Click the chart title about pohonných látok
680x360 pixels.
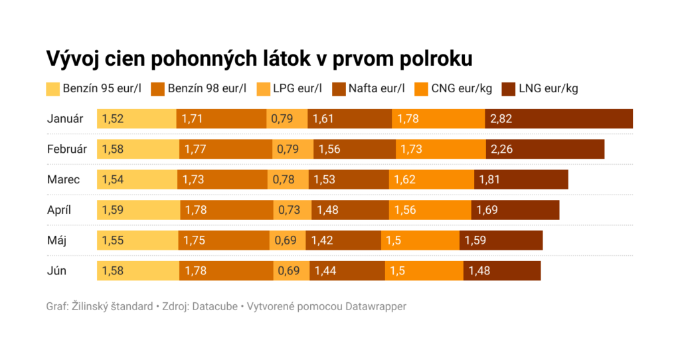[259, 58]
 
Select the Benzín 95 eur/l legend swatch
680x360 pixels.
[52, 89]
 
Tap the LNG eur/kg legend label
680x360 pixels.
[548, 88]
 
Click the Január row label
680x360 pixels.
[65, 119]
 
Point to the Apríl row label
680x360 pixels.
[59, 210]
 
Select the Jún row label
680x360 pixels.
[56, 270]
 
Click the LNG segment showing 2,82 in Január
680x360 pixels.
[558, 119]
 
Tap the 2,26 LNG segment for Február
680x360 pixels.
[545, 149]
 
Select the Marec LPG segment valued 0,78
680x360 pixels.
[288, 179]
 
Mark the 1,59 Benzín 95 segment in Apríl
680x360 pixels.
[138, 210]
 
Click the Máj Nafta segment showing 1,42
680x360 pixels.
[343, 240]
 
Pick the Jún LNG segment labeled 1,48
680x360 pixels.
[501, 270]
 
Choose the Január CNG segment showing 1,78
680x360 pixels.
[438, 119]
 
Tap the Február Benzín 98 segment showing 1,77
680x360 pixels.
[225, 149]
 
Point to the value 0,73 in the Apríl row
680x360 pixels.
[290, 210]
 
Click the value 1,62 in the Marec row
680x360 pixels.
[405, 179]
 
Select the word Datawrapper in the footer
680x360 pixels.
[377, 307]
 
